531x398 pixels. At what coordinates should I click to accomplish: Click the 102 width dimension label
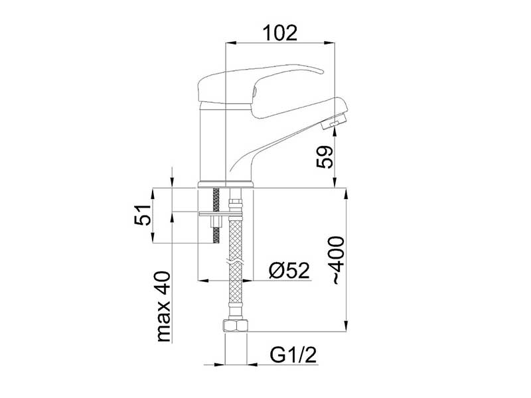pyautogui.click(x=279, y=33)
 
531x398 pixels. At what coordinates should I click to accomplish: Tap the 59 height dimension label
pyautogui.click(x=325, y=157)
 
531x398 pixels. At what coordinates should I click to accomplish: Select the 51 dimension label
pyautogui.click(x=142, y=214)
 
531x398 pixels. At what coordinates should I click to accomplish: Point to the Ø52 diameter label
pyautogui.click(x=289, y=270)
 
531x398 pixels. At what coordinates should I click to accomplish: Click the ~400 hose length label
pyautogui.click(x=337, y=260)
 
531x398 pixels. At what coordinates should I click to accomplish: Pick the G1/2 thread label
pyautogui.click(x=293, y=355)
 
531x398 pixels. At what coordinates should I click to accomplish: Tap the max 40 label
pyautogui.click(x=163, y=306)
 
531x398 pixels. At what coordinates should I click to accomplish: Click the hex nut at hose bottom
pyautogui.click(x=236, y=326)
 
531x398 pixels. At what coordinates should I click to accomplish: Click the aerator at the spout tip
pyautogui.click(x=334, y=121)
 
